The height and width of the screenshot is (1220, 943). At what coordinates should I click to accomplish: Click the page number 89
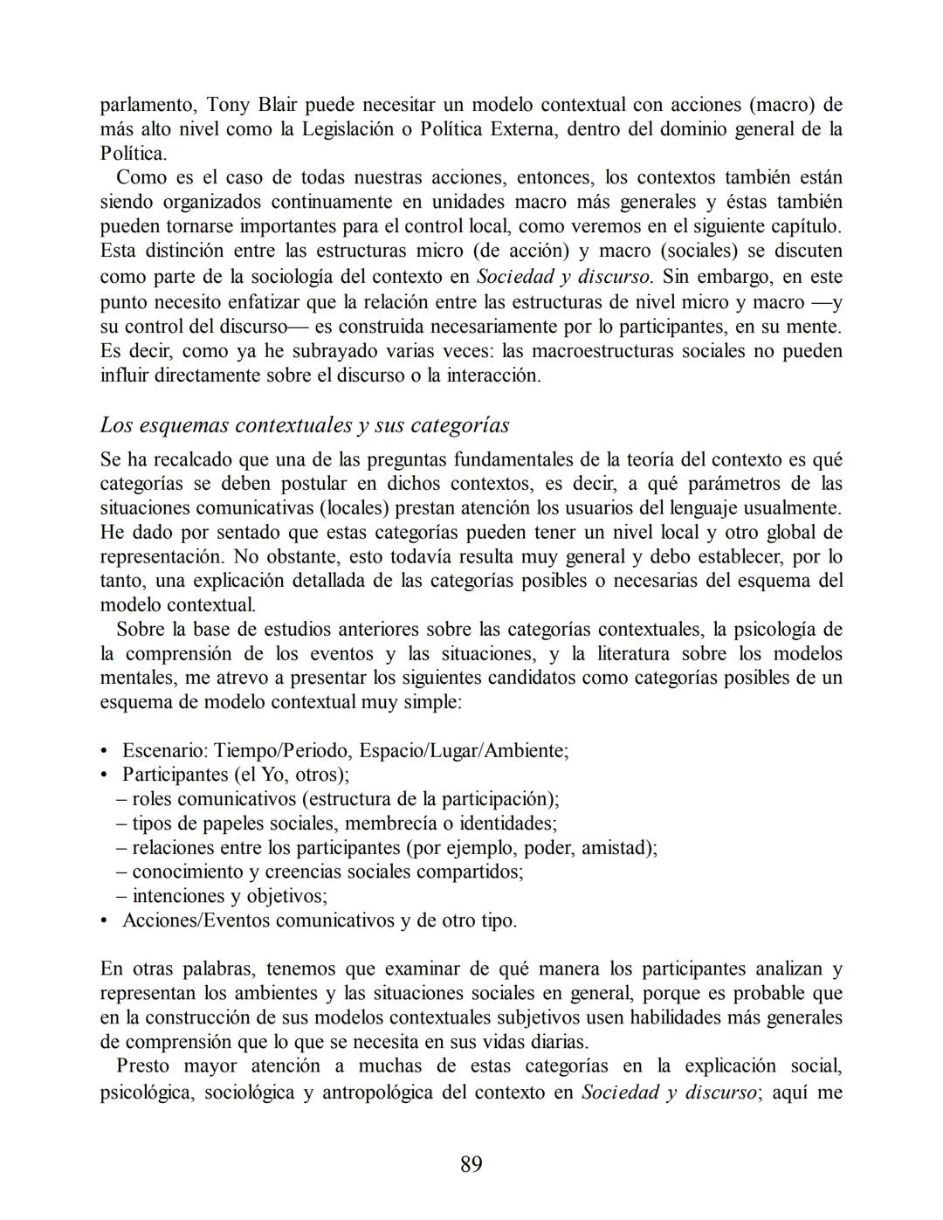pos(471,1164)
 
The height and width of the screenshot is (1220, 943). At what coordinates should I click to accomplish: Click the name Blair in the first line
pos(278,105)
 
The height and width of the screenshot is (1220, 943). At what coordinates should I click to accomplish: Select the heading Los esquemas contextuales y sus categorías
pos(305,425)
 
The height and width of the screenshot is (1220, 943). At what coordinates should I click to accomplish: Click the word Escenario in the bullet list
pos(164,750)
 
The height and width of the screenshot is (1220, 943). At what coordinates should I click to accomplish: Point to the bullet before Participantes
pos(105,775)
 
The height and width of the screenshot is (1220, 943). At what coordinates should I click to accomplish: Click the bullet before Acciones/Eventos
pos(105,920)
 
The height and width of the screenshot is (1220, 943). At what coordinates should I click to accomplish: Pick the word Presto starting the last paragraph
pos(143,1066)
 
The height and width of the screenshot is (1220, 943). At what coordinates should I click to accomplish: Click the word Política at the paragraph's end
pos(131,154)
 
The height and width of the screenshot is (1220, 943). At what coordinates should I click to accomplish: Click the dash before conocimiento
pos(121,872)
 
